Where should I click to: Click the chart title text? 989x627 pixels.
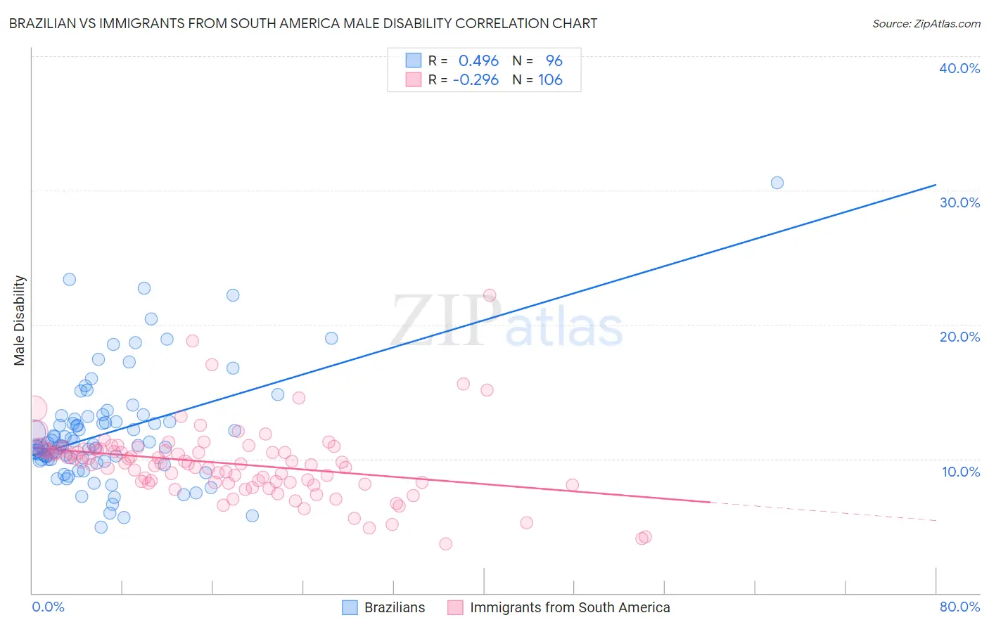[x=303, y=23]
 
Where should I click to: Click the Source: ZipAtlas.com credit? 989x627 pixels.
[x=926, y=23]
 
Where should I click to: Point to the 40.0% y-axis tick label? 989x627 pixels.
[x=959, y=68]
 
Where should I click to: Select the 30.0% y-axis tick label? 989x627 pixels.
[x=959, y=202]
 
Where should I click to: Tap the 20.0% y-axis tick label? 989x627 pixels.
[x=959, y=337]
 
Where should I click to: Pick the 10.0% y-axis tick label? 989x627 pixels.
[x=961, y=471]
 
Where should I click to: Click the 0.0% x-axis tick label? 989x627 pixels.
[x=48, y=607]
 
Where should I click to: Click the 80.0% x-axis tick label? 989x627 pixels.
[x=959, y=607]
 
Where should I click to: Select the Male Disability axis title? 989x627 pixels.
[x=20, y=321]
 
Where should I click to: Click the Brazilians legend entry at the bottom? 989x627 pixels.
[x=394, y=607]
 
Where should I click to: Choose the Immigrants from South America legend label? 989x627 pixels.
[x=570, y=607]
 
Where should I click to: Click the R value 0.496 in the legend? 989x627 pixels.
[x=478, y=61]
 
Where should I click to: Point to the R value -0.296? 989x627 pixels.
[x=476, y=80]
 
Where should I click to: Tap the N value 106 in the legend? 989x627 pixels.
[x=550, y=80]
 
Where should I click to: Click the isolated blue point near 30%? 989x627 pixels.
[x=777, y=183]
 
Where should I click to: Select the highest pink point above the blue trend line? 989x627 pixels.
[x=490, y=295]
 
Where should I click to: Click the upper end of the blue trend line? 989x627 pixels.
[x=936, y=185]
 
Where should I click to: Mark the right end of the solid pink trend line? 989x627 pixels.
[x=710, y=502]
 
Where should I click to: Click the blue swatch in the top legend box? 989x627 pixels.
[x=413, y=61]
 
